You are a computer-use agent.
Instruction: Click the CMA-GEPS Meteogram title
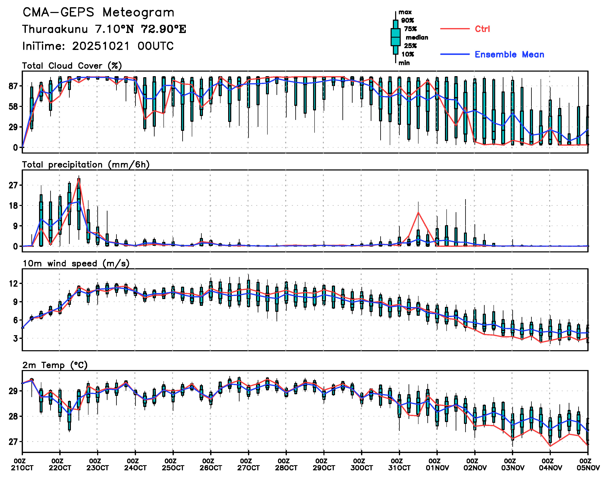[98, 13]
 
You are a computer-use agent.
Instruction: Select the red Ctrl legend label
[482, 29]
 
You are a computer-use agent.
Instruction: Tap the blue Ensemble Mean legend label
[509, 54]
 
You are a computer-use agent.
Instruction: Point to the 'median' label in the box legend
[417, 38]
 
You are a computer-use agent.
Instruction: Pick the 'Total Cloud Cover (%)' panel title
[72, 66]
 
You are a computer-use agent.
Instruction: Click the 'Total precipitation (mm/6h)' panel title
[86, 165]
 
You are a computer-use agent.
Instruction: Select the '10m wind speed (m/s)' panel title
[76, 264]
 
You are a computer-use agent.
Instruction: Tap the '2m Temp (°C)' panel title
[55, 365]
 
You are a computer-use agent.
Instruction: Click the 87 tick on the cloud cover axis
[13, 86]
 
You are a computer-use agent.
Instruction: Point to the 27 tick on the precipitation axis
[13, 185]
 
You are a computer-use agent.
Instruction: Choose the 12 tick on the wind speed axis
[13, 284]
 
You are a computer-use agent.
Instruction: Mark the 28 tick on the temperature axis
[13, 416]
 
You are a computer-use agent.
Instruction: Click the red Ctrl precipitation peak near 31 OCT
[418, 212]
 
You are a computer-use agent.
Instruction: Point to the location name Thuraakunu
[55, 29]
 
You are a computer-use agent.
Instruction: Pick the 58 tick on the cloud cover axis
[13, 106]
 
